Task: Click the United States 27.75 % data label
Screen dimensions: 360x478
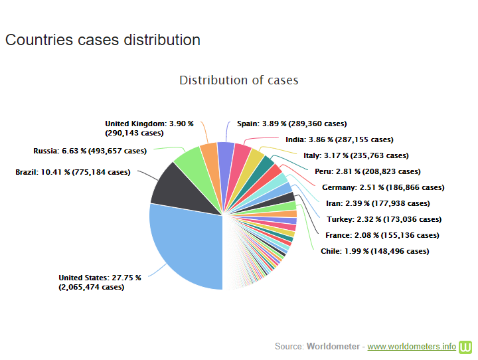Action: pyautogui.click(x=100, y=282)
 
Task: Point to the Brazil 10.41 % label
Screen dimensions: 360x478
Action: pyautogui.click(x=73, y=172)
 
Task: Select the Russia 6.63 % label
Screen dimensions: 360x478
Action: pyautogui.click(x=90, y=151)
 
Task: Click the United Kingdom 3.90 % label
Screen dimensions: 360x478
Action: pyautogui.click(x=149, y=128)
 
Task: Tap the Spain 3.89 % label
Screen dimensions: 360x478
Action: pyautogui.click(x=291, y=124)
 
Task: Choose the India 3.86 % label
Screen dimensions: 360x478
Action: pyautogui.click(x=339, y=139)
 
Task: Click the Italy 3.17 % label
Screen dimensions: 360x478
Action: pyautogui.click(x=356, y=155)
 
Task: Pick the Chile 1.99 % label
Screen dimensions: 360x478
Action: pyautogui.click(x=374, y=251)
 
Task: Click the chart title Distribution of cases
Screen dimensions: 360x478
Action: pyautogui.click(x=239, y=80)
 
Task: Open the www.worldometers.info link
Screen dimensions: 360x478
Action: pyautogui.click(x=412, y=347)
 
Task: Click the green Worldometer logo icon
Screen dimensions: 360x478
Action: pyautogui.click(x=466, y=347)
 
